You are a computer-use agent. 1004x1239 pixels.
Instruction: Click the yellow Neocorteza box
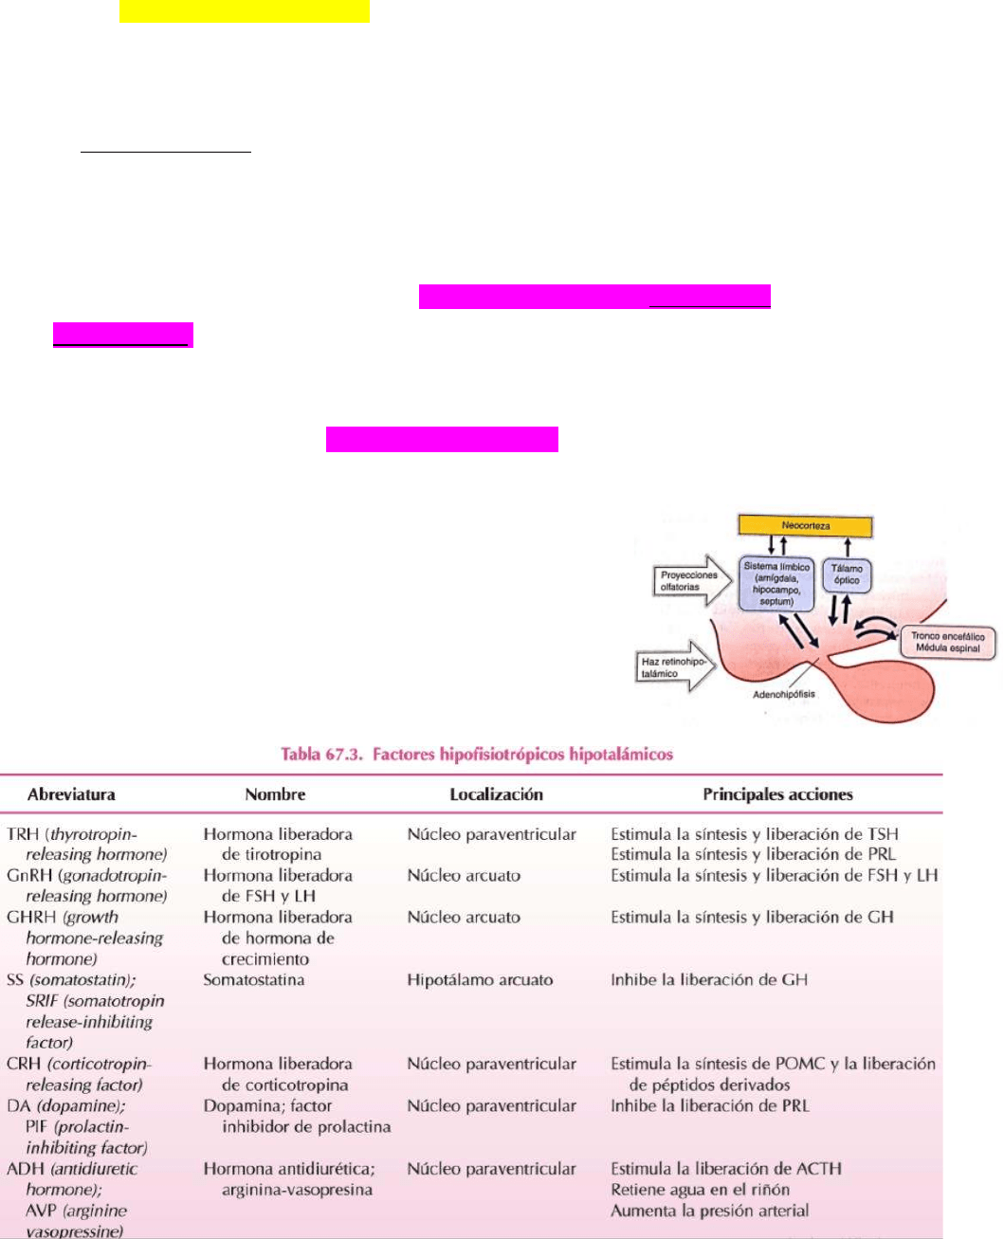(x=805, y=526)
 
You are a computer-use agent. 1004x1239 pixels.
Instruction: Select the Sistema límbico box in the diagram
(x=776, y=584)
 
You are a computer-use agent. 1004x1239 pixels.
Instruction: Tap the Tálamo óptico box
(x=847, y=574)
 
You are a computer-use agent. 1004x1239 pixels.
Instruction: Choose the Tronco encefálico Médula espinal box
(x=947, y=642)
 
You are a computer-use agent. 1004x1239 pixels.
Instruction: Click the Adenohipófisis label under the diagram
(x=783, y=695)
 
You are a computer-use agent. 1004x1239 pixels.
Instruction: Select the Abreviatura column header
(x=71, y=794)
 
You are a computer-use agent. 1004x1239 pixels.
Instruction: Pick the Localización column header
(x=496, y=794)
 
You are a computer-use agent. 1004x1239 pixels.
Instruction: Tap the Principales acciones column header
(x=777, y=794)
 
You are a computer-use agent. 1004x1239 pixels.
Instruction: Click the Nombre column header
(x=275, y=794)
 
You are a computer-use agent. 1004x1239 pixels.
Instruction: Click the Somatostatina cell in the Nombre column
(x=253, y=980)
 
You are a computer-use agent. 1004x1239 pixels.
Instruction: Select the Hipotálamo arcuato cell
(x=480, y=980)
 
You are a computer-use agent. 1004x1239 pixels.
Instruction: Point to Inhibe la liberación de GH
(x=709, y=980)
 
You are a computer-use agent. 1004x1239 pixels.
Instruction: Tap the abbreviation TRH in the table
(x=23, y=834)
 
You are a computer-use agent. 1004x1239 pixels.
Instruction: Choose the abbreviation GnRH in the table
(x=28, y=876)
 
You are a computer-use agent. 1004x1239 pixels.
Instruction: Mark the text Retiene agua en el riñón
(x=700, y=1190)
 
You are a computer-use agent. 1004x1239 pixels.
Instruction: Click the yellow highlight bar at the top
(x=244, y=11)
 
